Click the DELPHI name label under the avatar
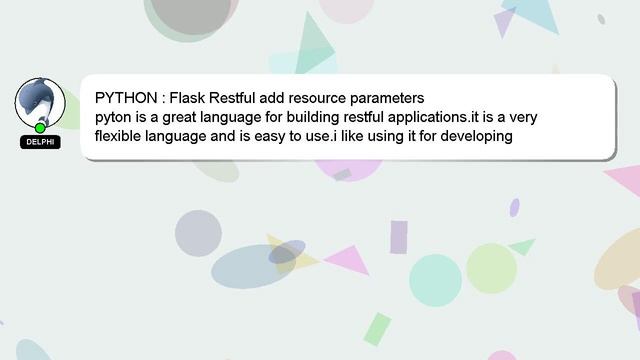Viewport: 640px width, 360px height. (x=40, y=142)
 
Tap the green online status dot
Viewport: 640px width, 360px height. (x=40, y=128)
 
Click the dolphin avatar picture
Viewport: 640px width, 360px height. (x=40, y=101)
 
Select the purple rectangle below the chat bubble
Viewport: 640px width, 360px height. (x=398, y=237)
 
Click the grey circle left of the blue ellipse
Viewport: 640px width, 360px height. (x=198, y=233)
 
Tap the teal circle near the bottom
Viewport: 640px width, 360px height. (x=435, y=279)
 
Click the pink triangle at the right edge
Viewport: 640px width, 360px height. (x=624, y=180)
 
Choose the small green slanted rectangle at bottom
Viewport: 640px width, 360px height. (x=377, y=327)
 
